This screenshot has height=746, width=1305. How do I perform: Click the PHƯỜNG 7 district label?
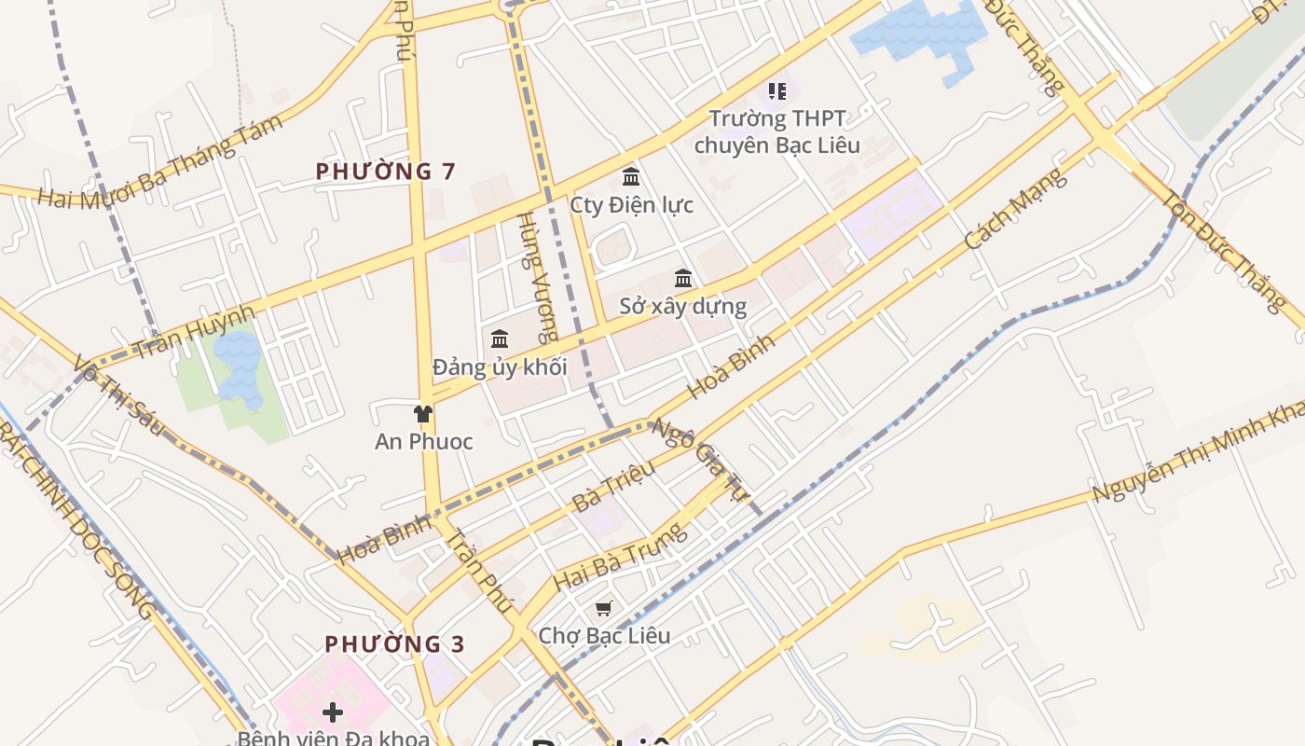[x=386, y=172]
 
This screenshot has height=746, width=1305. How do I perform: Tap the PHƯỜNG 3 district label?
[x=394, y=644]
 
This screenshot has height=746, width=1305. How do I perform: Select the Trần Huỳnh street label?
[x=193, y=332]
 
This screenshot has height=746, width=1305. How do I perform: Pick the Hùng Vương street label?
[x=539, y=277]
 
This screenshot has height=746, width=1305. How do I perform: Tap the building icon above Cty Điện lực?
[x=631, y=176]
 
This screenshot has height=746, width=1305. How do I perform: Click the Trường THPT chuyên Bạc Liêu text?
[x=777, y=131]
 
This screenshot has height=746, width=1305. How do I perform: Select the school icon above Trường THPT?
[x=777, y=91]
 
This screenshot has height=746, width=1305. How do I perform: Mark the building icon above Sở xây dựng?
[x=683, y=278]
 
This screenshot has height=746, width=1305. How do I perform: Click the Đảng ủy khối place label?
[x=500, y=366]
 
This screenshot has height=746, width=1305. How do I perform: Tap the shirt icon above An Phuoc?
[x=423, y=413]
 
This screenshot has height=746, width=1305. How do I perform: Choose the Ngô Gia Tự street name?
[x=699, y=459]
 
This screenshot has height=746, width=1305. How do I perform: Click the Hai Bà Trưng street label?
[x=620, y=557]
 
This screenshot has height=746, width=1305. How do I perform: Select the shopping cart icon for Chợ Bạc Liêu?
[x=604, y=608]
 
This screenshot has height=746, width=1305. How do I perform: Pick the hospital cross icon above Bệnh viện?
[x=332, y=713]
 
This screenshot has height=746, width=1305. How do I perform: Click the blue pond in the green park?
[x=239, y=368]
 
